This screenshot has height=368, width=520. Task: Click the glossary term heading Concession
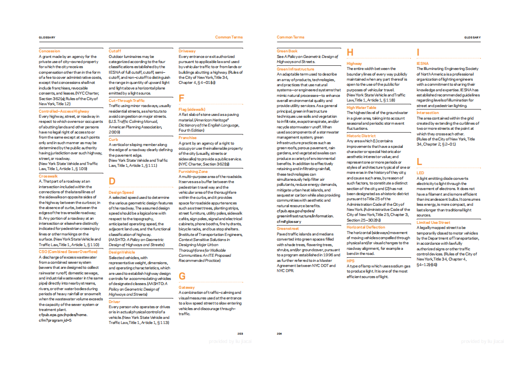tap(50, 51)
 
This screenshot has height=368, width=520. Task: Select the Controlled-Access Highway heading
tap(64, 111)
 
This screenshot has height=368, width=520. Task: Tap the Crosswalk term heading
tap(48, 176)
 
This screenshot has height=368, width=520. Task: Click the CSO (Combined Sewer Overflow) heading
tap(68, 251)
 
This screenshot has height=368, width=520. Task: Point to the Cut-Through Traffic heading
tap(126, 101)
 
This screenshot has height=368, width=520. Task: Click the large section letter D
tap(112, 181)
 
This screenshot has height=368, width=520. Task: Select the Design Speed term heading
tap(121, 192)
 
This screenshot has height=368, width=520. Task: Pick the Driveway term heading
tap(187, 51)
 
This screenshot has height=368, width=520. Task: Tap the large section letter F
tap(182, 98)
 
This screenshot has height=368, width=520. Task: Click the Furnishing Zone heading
tap(193, 171)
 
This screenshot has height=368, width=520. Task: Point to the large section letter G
tap(182, 276)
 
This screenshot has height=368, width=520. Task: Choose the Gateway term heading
tap(187, 287)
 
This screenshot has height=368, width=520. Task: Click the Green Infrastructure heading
tap(295, 69)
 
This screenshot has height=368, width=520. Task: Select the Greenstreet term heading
tap(288, 228)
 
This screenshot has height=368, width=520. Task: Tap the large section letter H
tap(350, 53)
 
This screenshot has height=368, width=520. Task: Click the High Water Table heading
tap(362, 108)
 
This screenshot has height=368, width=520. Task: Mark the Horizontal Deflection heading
tap(366, 227)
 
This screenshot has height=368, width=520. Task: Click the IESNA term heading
tap(422, 63)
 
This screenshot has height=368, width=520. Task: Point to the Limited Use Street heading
tap(433, 222)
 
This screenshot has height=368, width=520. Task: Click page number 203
tap(240, 334)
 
